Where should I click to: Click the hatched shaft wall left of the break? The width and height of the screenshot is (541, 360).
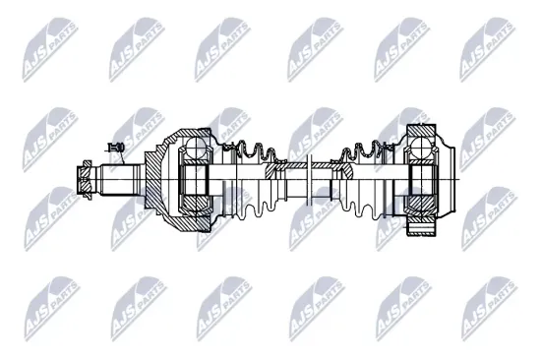click(285, 169)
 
